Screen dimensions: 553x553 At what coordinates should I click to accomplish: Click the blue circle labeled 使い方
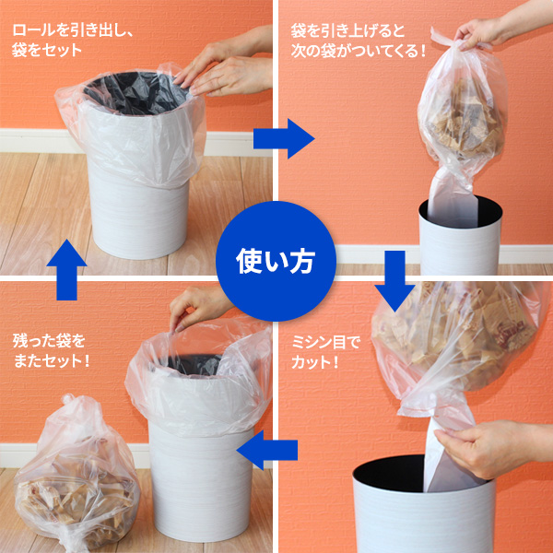(x=276, y=261)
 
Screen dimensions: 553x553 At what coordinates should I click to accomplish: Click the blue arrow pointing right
(x=284, y=138)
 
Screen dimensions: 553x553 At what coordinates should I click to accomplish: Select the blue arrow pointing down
(x=394, y=281)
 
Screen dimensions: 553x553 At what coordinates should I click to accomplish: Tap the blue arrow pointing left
(x=267, y=450)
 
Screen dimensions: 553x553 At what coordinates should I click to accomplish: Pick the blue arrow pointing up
(x=66, y=270)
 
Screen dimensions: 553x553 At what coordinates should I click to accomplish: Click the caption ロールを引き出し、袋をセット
(x=72, y=41)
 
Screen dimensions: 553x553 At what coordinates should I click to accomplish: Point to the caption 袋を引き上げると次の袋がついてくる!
(x=359, y=41)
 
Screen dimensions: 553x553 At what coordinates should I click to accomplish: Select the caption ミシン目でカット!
(x=326, y=352)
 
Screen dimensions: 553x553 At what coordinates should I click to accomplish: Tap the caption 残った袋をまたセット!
(x=51, y=351)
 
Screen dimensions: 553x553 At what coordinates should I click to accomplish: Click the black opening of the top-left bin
(x=135, y=93)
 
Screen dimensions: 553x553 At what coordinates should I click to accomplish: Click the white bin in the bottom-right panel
(x=424, y=504)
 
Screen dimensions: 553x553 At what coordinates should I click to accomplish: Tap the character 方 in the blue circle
(x=301, y=262)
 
